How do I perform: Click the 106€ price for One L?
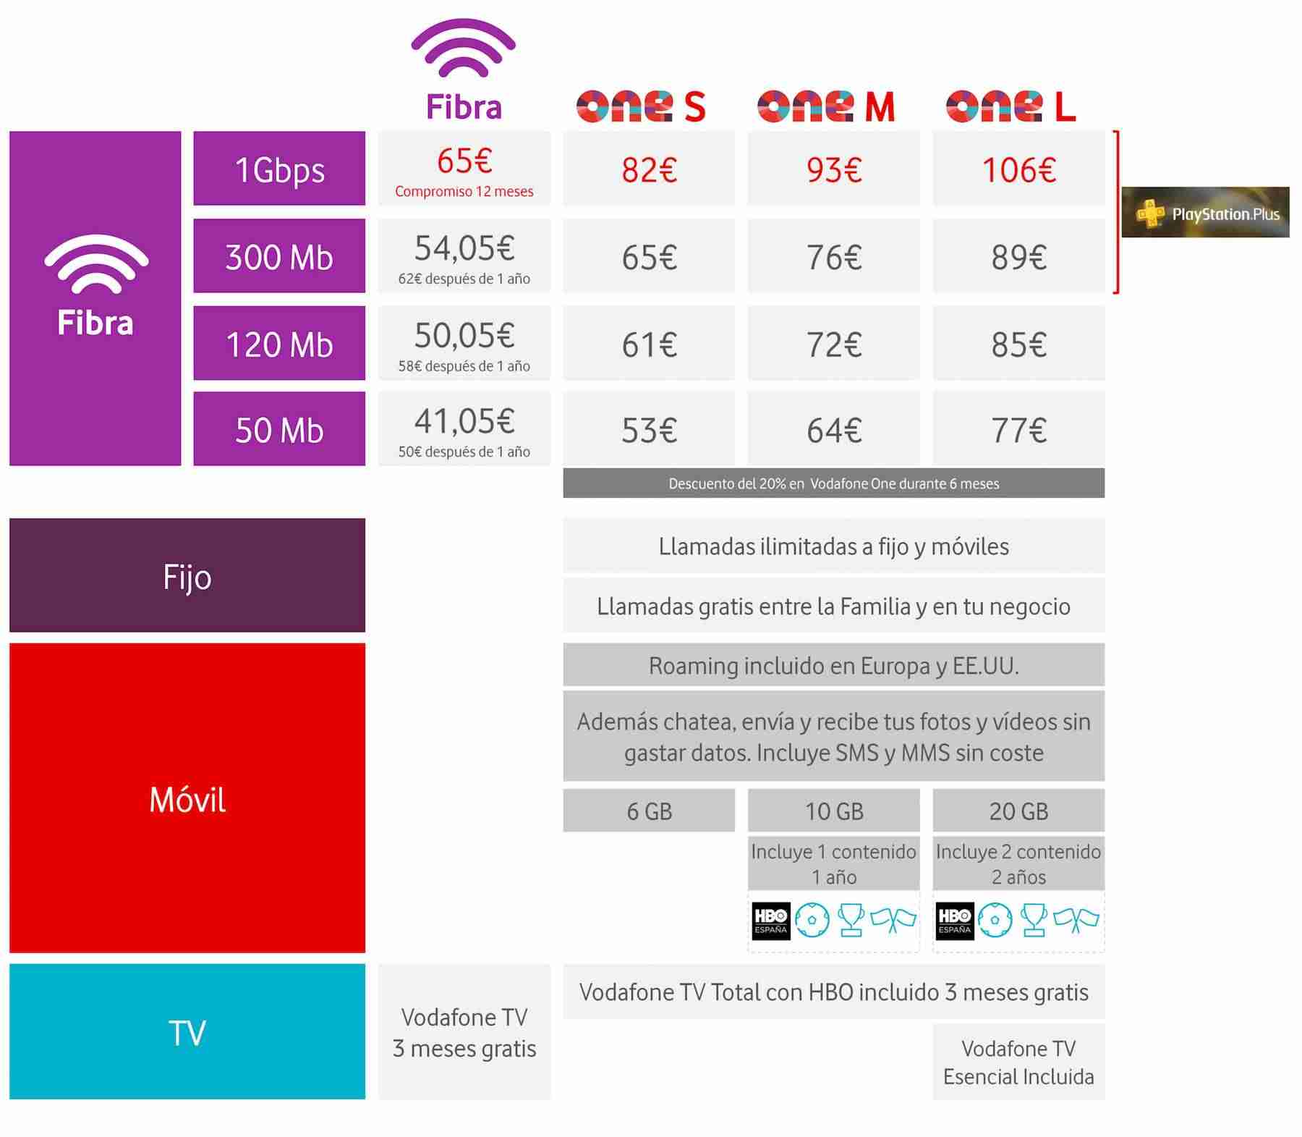click(1018, 169)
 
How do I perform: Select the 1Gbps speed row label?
click(279, 169)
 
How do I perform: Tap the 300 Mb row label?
click(279, 256)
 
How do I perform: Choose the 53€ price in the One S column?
click(649, 430)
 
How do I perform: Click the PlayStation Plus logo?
click(1205, 213)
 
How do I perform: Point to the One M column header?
click(826, 106)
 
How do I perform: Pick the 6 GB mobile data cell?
click(649, 811)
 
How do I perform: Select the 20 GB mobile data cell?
click(1018, 811)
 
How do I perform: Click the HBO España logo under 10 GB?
click(771, 921)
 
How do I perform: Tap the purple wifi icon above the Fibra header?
click(464, 49)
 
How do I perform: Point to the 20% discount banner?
click(833, 483)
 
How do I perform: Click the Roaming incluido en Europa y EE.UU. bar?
click(833, 665)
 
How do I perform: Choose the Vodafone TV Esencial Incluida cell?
click(1018, 1062)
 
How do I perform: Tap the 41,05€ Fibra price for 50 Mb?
click(464, 421)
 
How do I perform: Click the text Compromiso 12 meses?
click(464, 192)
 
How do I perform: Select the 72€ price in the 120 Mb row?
click(833, 344)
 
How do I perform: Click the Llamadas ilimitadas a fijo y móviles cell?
click(833, 546)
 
